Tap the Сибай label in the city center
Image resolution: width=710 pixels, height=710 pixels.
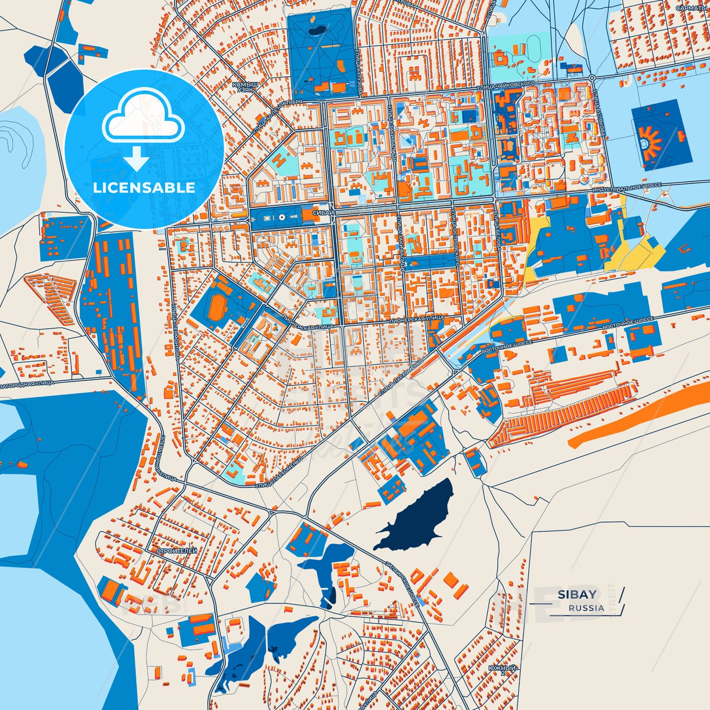(323, 213)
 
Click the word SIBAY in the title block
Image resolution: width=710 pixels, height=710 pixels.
(577, 595)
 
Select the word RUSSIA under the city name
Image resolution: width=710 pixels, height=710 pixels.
(586, 608)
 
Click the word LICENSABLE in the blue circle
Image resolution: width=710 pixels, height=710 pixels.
(144, 188)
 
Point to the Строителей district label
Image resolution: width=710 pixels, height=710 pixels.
(177, 551)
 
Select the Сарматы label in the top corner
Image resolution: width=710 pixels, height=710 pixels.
(691, 8)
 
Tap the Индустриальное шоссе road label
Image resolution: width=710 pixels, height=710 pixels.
(626, 188)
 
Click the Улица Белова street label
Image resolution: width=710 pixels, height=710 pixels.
(498, 231)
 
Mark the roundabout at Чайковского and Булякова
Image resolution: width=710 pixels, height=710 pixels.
(592, 78)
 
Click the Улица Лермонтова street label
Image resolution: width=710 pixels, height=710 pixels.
(175, 330)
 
